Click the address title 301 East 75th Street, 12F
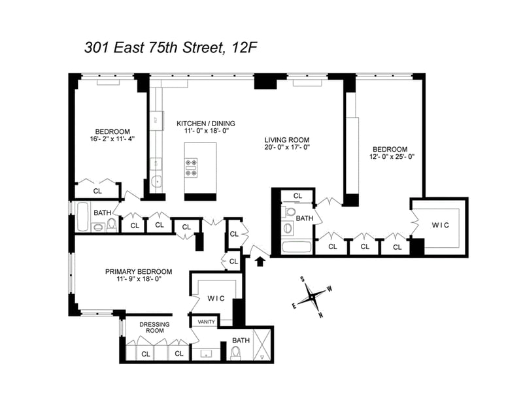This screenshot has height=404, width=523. click(171, 48)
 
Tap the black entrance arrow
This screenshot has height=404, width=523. click(260, 261)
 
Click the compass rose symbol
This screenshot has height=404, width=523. click(312, 296)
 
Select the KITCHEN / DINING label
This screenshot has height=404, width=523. click(206, 124)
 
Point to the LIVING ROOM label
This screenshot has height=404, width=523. click(287, 140)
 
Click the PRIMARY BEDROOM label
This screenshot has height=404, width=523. click(139, 271)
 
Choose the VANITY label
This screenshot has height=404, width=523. click(207, 322)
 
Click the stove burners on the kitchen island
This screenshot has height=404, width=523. click(192, 167)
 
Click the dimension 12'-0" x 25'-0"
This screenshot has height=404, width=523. click(392, 156)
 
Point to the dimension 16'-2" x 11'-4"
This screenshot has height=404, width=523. click(112, 139)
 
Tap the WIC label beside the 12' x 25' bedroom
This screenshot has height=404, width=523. click(440, 225)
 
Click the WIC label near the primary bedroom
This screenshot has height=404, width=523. click(216, 299)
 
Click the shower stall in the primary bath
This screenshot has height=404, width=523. click(262, 345)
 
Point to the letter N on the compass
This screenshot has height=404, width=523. click(321, 315)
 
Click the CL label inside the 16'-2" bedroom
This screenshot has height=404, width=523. click(97, 191)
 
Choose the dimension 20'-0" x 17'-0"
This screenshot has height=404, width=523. click(287, 147)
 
